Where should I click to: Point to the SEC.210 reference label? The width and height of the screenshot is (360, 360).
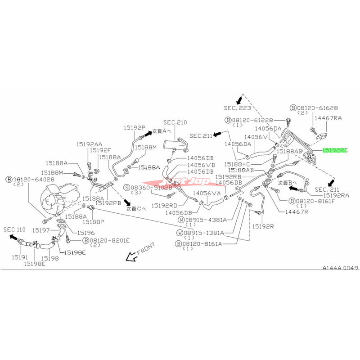(x=175, y=122)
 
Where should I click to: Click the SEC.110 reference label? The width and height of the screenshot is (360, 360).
(x=13, y=229)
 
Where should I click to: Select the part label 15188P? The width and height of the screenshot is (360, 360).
(x=96, y=221)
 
